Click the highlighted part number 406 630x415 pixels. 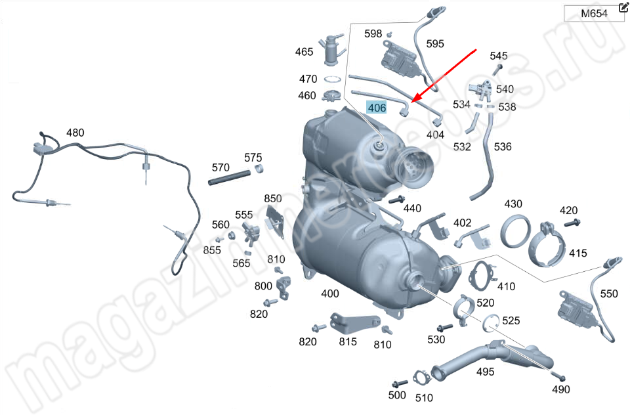pyautogui.click(x=377, y=108)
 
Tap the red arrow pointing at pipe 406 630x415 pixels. pyautogui.click(x=444, y=76)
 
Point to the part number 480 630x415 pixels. pyautogui.click(x=75, y=133)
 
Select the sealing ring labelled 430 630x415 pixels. pyautogui.click(x=516, y=231)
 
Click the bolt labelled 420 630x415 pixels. pyautogui.click(x=572, y=223)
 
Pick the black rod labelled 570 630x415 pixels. pyautogui.click(x=228, y=177)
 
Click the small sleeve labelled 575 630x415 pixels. pyautogui.click(x=260, y=168)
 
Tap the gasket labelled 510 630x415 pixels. pyautogui.click(x=421, y=378)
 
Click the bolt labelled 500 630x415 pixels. pyautogui.click(x=400, y=383)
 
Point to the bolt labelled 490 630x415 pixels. pyautogui.click(x=558, y=376)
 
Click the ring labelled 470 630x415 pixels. pyautogui.click(x=332, y=79)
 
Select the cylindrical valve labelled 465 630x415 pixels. pyautogui.click(x=331, y=49)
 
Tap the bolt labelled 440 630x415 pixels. pyautogui.click(x=397, y=200)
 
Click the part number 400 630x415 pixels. pyautogui.click(x=330, y=294)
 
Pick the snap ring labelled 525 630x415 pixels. pyautogui.click(x=491, y=323)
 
